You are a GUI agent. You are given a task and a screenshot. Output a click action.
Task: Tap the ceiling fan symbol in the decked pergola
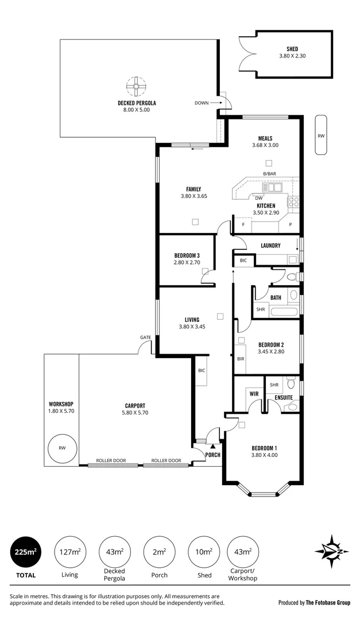(x=137, y=88)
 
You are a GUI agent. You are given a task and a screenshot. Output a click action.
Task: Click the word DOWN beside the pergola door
(x=202, y=103)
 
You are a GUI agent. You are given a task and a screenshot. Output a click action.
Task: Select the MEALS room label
(x=265, y=138)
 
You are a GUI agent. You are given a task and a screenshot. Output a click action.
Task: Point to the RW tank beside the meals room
(x=322, y=135)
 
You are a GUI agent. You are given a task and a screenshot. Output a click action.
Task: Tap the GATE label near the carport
(x=145, y=337)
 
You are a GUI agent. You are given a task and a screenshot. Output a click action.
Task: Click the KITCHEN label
(x=265, y=206)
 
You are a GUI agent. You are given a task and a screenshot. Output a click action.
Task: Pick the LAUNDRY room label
(x=270, y=246)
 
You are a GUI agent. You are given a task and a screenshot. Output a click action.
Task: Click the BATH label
(x=276, y=297)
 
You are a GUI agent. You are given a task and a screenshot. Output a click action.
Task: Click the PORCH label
(x=212, y=455)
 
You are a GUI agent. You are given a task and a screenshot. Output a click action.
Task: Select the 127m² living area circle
(x=70, y=552)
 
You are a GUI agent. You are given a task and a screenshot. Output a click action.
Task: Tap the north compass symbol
(x=331, y=551)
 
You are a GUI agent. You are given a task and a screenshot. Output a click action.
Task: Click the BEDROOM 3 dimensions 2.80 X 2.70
(x=187, y=262)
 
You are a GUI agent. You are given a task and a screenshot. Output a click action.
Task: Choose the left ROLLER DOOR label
(x=111, y=460)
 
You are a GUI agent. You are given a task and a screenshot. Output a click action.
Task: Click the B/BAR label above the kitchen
(x=269, y=174)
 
